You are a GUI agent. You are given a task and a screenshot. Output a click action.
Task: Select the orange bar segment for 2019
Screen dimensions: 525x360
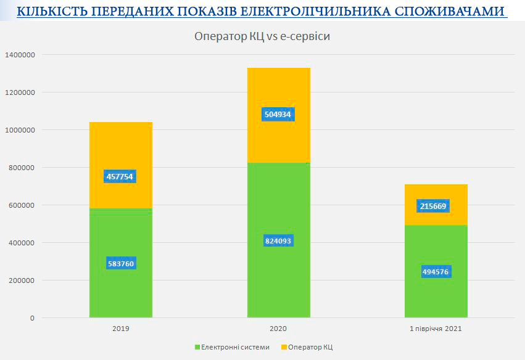(121, 165)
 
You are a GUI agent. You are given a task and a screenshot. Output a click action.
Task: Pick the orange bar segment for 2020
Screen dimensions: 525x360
(279, 115)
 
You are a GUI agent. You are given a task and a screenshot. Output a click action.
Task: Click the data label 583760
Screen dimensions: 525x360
(121, 264)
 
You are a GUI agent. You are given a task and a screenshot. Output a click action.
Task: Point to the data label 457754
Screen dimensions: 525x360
(120, 176)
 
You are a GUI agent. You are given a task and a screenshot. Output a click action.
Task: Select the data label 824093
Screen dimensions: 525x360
(278, 241)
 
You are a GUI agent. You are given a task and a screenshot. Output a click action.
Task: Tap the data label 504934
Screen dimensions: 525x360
(278, 115)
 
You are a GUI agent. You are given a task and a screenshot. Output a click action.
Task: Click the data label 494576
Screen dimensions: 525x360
(436, 272)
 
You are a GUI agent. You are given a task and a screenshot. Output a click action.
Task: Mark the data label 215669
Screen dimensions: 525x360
(433, 206)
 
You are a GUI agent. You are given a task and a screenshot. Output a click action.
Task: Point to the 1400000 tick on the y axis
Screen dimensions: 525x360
(20, 55)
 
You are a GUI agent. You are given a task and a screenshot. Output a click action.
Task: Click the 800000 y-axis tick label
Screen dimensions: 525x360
(22, 168)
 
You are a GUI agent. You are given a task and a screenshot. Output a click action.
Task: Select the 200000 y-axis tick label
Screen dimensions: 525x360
(22, 280)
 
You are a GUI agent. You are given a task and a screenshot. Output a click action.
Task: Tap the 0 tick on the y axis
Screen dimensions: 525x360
(32, 318)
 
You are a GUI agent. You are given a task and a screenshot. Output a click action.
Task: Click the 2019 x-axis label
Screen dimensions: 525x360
(121, 329)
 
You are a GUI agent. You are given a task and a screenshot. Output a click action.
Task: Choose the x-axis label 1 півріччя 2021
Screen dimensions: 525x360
(436, 329)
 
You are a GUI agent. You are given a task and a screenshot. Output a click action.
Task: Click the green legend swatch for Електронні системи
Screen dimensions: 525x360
(197, 347)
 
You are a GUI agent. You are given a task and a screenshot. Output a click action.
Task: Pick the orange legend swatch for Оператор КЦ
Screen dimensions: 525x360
(284, 347)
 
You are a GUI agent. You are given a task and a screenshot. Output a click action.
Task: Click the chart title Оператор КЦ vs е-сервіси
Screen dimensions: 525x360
(262, 36)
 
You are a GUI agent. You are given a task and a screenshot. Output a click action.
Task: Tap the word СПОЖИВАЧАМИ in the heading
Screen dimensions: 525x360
(450, 11)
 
